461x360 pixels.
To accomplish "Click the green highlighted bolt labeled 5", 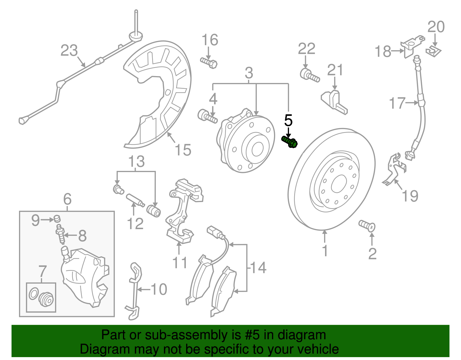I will point(290,142).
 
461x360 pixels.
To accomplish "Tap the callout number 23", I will point(69,51).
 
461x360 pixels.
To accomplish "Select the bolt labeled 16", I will point(209,63).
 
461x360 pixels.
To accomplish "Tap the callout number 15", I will point(183,150).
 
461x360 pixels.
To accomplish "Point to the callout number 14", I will point(258,268).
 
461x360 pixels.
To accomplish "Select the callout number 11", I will point(180,263).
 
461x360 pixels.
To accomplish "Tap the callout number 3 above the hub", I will point(249,73).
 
